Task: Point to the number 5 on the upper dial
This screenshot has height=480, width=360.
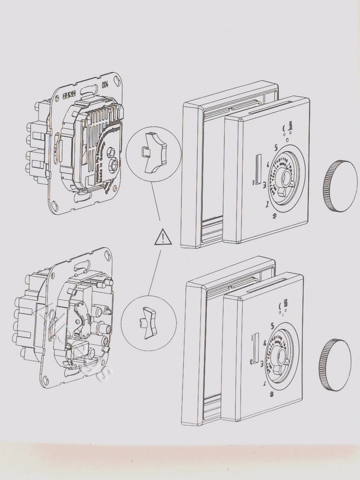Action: (276, 148)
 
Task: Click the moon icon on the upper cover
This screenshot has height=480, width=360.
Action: (284, 128)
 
